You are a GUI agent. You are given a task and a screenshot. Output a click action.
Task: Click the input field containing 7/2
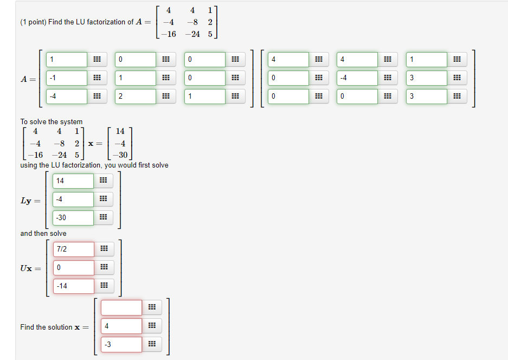tap(73, 249)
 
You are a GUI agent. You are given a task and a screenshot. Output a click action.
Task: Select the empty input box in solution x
tap(121, 308)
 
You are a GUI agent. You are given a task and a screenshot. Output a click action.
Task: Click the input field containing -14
tap(73, 286)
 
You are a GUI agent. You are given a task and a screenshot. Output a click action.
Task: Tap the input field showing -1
tap(67, 78)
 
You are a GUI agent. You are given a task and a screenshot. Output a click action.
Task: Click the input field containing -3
tap(121, 344)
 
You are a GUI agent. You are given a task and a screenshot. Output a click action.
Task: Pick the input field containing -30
tap(73, 218)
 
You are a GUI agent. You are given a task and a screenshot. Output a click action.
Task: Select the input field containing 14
tap(73, 181)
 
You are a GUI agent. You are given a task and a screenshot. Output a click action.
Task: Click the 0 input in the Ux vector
tap(73, 268)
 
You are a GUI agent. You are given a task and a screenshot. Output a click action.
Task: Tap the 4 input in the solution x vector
tap(121, 326)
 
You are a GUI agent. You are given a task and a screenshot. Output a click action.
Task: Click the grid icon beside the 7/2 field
tap(104, 249)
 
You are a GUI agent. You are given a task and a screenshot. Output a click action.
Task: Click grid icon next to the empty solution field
tap(152, 308)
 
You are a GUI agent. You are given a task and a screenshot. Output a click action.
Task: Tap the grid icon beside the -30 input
tap(104, 218)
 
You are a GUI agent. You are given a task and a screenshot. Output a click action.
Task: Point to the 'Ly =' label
tap(30, 201)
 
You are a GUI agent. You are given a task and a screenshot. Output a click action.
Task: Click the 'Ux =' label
tap(30, 268)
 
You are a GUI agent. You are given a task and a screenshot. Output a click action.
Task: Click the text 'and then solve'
tap(43, 234)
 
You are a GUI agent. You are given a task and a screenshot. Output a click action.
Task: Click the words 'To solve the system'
tap(52, 122)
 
